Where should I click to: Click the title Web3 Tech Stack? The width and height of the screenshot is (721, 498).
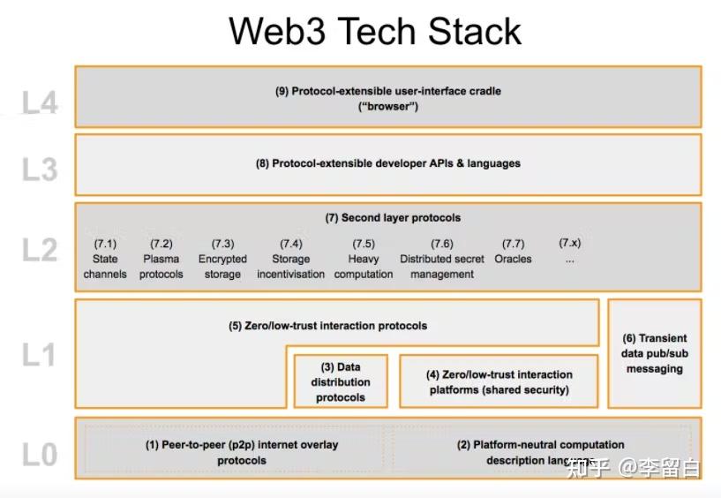tap(375, 31)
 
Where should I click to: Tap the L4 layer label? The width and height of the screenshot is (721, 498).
tap(40, 103)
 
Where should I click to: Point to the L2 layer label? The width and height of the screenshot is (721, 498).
tap(40, 251)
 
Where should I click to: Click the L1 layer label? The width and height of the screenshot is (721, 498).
tap(40, 355)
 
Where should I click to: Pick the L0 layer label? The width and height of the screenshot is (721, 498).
tap(40, 455)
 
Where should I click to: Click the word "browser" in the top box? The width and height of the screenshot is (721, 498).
tap(388, 106)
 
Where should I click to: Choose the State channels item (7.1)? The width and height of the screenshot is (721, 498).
tap(105, 259)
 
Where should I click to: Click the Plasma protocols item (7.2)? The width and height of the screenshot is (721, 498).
tap(161, 259)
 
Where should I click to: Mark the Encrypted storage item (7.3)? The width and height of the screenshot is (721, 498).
tap(222, 259)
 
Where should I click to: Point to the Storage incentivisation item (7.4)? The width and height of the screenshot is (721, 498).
tap(290, 259)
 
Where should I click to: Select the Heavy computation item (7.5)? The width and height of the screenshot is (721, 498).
tap(364, 259)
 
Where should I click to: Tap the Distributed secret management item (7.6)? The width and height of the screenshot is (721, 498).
tap(442, 259)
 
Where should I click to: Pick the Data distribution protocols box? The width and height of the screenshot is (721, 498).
tap(341, 382)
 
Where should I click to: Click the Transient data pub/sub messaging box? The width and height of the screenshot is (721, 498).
tap(655, 353)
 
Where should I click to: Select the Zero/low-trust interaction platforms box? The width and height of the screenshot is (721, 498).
tap(499, 381)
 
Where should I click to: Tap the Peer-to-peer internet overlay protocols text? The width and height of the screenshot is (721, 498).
tap(242, 452)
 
